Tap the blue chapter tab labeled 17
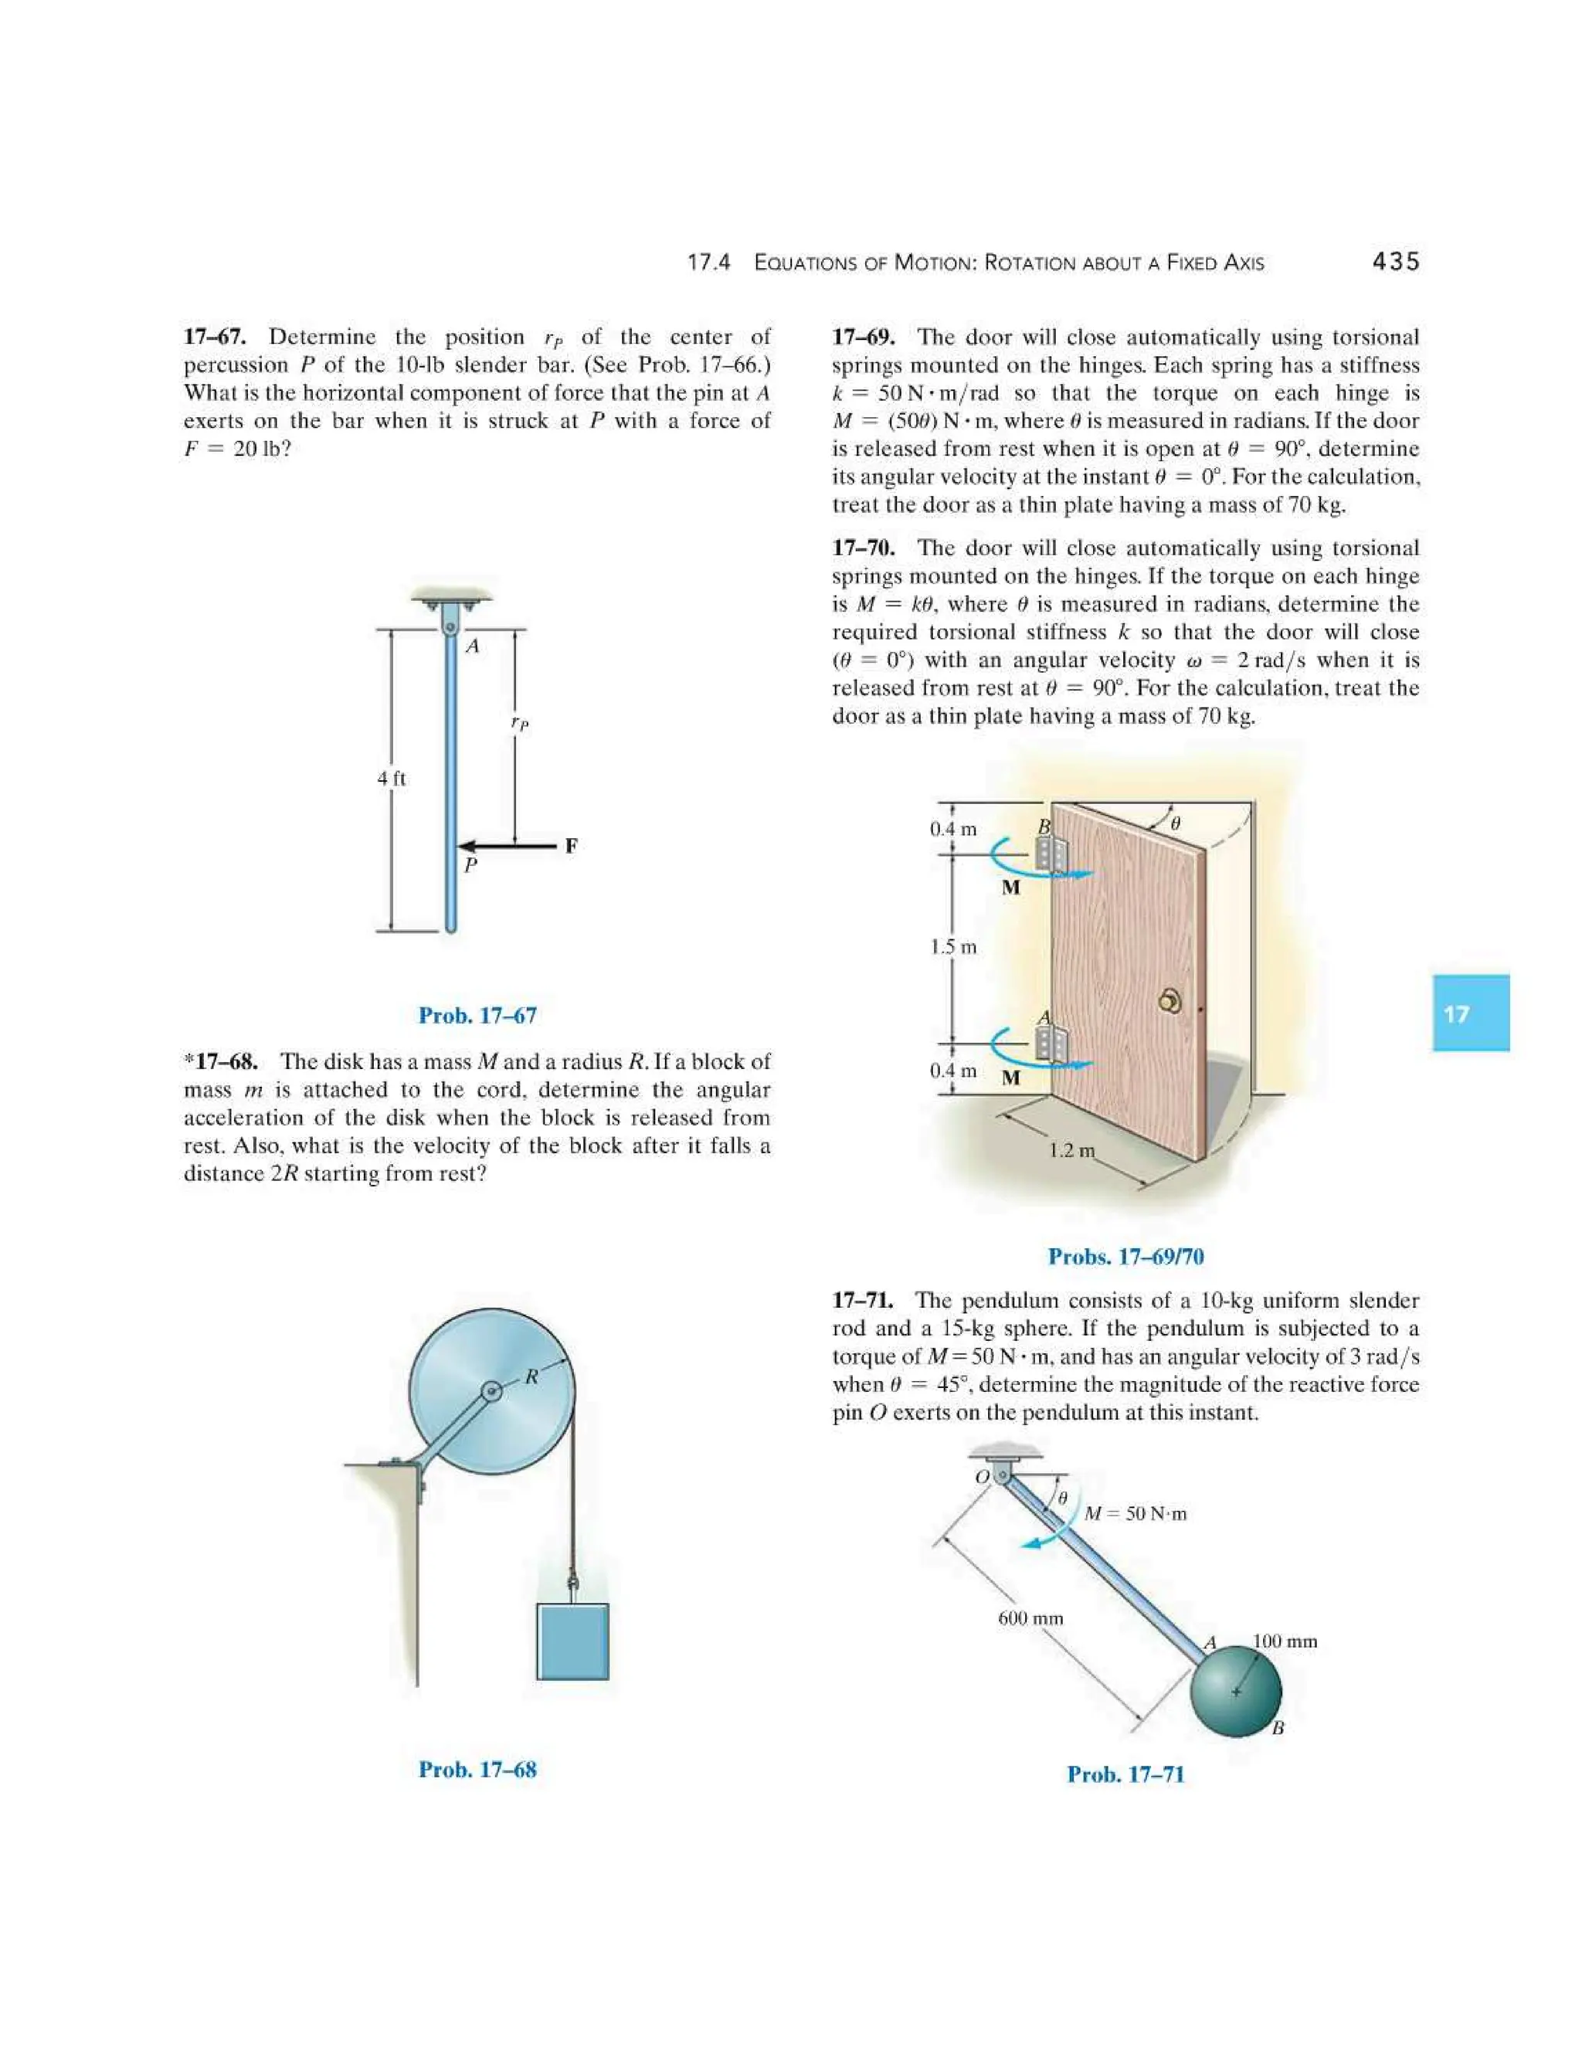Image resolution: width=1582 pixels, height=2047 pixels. pyautogui.click(x=1469, y=1013)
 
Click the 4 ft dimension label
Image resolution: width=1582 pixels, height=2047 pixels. pyautogui.click(x=392, y=778)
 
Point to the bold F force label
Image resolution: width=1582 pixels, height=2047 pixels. pyautogui.click(x=571, y=845)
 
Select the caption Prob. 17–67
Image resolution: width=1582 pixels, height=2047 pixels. pyautogui.click(x=477, y=1015)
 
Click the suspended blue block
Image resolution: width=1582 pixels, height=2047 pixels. pyautogui.click(x=572, y=1641)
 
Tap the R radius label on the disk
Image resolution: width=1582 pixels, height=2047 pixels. pyautogui.click(x=531, y=1376)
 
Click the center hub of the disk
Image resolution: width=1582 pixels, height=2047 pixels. pyautogui.click(x=491, y=1392)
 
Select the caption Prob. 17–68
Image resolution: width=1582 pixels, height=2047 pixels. pyautogui.click(x=477, y=1770)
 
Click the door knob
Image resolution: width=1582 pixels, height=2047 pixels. pyautogui.click(x=1168, y=1001)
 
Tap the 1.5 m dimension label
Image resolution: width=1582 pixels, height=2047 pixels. pyautogui.click(x=952, y=947)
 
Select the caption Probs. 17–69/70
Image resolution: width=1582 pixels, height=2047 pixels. pyautogui.click(x=1125, y=1256)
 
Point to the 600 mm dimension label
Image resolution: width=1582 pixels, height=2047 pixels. pyautogui.click(x=1030, y=1618)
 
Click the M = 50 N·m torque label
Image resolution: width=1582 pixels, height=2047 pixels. pyautogui.click(x=1135, y=1512)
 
